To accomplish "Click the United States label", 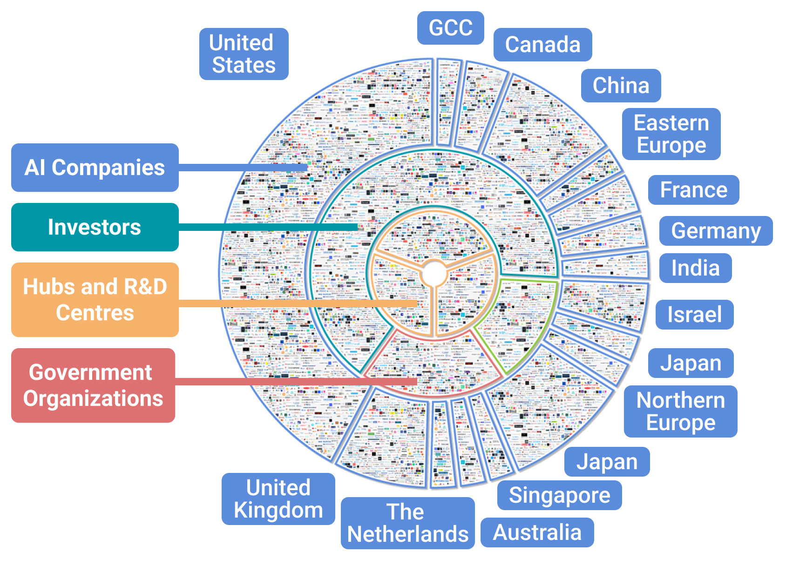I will (x=244, y=54).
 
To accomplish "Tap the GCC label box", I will (x=450, y=28).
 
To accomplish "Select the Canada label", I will (x=542, y=45).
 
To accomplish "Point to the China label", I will (x=621, y=86).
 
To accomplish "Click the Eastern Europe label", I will (x=671, y=134).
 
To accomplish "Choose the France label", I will (x=693, y=190).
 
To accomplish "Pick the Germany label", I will (x=716, y=231).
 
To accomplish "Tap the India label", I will (x=695, y=268).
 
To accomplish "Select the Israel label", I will (x=694, y=315).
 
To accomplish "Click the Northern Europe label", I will (x=680, y=411).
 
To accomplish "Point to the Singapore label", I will (x=559, y=495).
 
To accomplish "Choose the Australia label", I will (x=537, y=532).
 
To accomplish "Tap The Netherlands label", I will (x=407, y=523).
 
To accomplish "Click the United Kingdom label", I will (x=278, y=499).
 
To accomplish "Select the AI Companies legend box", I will (x=95, y=168).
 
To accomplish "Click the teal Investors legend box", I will (x=95, y=227).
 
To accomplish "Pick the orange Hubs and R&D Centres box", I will (x=95, y=300).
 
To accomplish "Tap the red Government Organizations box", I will (x=93, y=385).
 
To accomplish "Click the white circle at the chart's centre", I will (x=434, y=274).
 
